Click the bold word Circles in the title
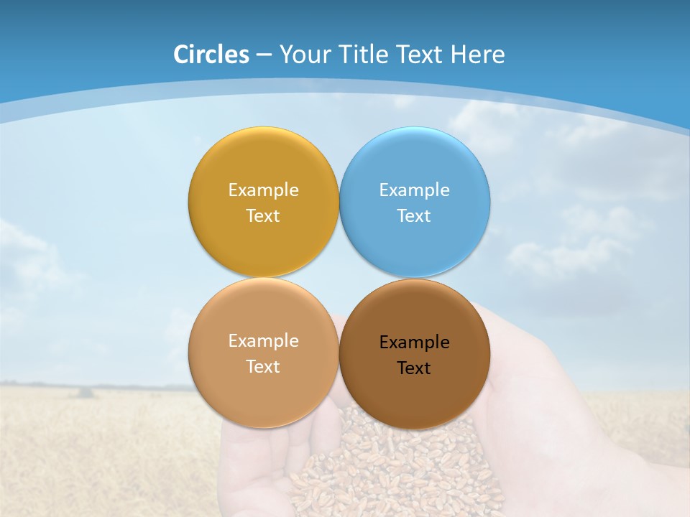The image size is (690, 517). point(211,55)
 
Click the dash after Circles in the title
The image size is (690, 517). point(264,55)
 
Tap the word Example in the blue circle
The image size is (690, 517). point(414,190)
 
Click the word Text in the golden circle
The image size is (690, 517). point(263,215)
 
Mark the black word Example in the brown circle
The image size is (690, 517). point(414,342)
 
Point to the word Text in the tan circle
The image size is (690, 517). point(263,366)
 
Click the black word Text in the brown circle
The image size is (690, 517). point(414,368)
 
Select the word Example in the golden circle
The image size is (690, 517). point(263,190)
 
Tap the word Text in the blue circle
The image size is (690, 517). point(414,215)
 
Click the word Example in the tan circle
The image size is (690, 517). point(263,340)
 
